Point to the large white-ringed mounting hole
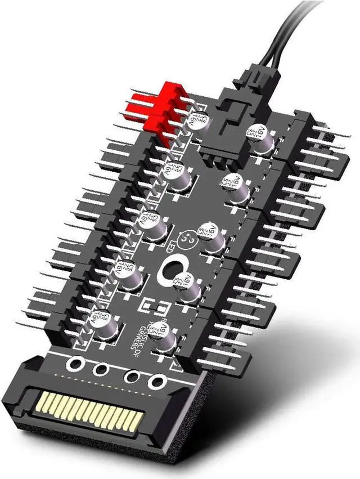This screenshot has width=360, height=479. click(x=174, y=269)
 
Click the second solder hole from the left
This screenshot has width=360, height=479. click(x=101, y=370)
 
